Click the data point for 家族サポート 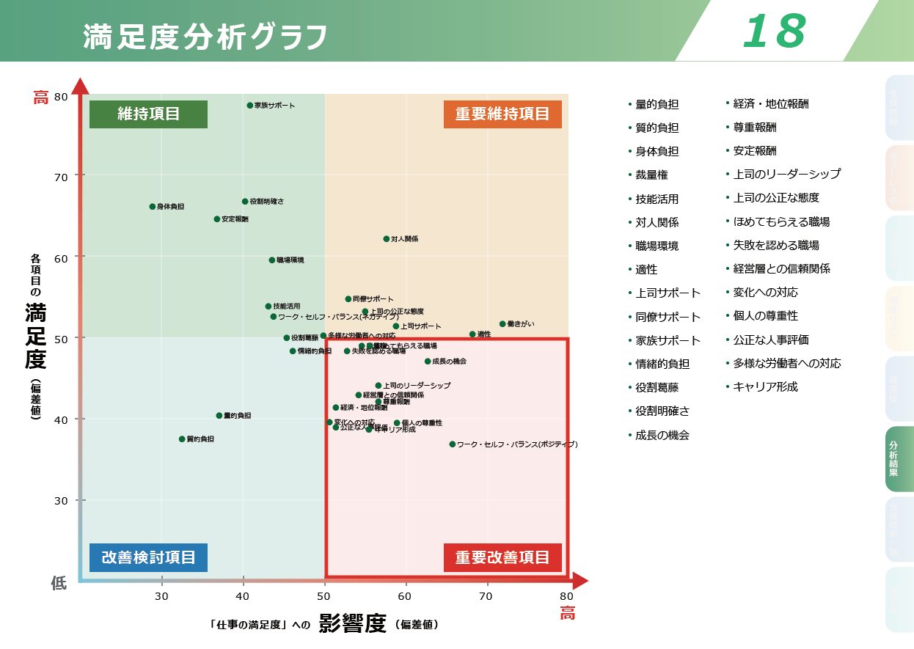(250, 106)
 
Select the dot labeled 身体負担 (153, 207)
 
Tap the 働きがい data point (502, 323)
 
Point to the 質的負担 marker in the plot (182, 439)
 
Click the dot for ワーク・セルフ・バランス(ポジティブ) (453, 444)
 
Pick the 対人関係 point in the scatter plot (387, 239)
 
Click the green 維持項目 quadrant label (148, 114)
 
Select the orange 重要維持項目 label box (502, 114)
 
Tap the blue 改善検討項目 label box (148, 557)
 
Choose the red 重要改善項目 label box (502, 557)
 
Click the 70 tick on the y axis (59, 176)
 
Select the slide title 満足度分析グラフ (205, 37)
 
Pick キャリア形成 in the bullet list (765, 386)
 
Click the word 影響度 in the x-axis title (352, 623)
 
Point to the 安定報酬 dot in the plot (217, 219)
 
